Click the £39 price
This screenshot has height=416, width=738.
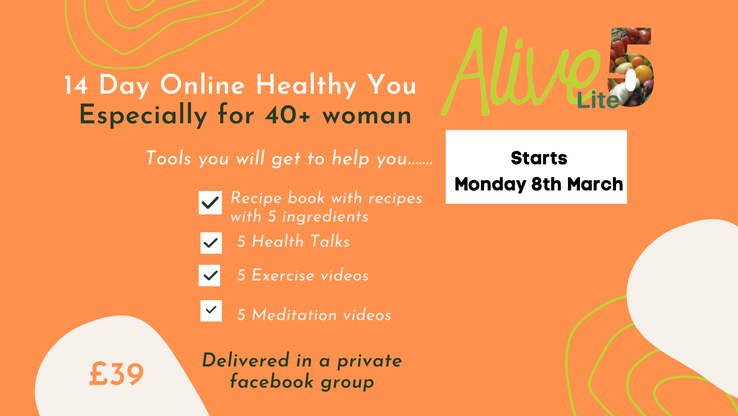coord(116,374)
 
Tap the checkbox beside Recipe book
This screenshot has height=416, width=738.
coord(210,203)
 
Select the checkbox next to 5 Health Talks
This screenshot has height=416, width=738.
coord(211,243)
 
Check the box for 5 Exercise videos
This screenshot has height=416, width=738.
coord(210,276)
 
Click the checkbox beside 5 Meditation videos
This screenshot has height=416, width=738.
coord(211,311)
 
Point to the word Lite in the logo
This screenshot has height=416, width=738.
coord(598,100)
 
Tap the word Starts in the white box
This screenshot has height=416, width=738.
coord(539,158)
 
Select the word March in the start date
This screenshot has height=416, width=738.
coord(595,184)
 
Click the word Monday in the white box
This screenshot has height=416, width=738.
coord(490,185)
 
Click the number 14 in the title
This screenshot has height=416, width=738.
coord(76,86)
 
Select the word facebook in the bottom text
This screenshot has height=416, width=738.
coord(272,381)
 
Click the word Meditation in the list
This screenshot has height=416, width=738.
coord(295,314)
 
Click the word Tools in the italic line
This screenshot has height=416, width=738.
coord(168,158)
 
